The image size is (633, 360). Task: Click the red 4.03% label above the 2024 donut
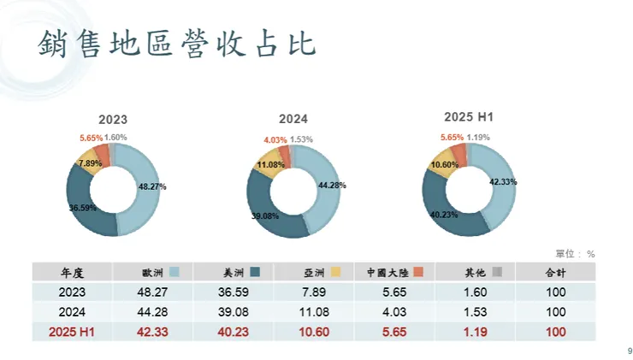tap(275, 139)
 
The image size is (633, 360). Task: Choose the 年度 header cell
tap(72, 272)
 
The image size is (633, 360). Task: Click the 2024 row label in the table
tap(72, 311)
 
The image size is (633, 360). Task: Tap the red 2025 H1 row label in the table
tap(72, 331)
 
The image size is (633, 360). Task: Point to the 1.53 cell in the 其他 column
tap(476, 311)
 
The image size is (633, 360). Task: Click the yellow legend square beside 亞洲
tap(336, 272)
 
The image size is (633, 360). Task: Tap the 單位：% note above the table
tap(575, 253)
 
